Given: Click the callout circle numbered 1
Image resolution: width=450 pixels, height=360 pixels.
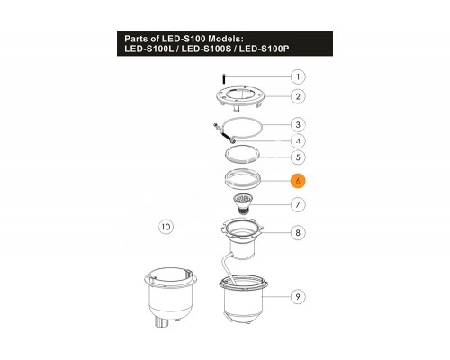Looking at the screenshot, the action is point(298,76).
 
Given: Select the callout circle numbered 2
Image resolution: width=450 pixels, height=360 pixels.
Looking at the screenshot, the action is point(298,96).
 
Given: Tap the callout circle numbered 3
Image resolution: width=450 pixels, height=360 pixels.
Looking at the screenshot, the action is point(298,124).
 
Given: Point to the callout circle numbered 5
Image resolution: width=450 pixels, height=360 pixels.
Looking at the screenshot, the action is point(298,157).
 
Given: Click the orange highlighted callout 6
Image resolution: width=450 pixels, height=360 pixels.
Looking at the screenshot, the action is point(298,181).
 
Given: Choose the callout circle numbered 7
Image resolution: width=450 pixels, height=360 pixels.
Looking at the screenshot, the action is point(298,204).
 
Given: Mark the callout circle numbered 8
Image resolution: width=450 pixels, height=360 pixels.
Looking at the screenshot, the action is point(298,233).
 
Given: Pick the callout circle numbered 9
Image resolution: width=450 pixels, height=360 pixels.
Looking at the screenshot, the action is point(298,296).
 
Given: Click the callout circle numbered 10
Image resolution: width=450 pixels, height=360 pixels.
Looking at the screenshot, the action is point(166,227).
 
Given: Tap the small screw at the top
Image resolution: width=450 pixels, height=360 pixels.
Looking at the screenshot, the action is point(224,79).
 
